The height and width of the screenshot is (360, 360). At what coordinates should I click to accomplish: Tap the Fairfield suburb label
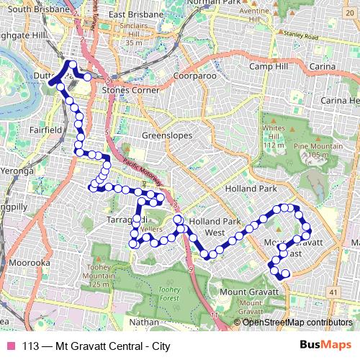tap(47, 130)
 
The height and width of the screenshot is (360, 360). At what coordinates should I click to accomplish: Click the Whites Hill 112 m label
tap(274, 136)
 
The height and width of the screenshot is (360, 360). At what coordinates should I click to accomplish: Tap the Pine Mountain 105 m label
tap(318, 150)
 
